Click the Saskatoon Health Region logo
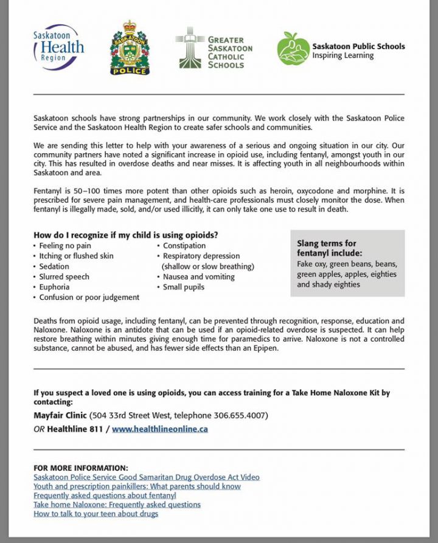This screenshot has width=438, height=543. click(x=58, y=47)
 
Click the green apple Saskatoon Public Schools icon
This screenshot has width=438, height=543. click(x=293, y=49)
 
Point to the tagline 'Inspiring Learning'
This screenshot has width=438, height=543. click(x=343, y=55)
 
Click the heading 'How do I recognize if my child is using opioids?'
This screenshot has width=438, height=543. click(x=125, y=235)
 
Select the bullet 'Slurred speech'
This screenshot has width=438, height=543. click(x=64, y=277)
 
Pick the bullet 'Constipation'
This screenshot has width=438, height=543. click(x=184, y=246)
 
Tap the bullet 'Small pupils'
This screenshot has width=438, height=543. click(x=183, y=287)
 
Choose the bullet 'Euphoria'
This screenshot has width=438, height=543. click(x=54, y=287)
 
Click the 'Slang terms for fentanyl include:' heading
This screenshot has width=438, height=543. click(x=329, y=248)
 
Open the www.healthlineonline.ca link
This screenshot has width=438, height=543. click(x=160, y=429)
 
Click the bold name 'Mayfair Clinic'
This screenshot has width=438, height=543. click(x=60, y=416)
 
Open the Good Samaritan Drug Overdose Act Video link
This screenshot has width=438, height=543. click(x=147, y=477)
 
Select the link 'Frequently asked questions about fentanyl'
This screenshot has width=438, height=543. click(x=105, y=496)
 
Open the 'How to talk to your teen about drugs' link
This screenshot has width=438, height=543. click(x=96, y=514)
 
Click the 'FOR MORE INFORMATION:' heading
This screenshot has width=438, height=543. click(x=81, y=468)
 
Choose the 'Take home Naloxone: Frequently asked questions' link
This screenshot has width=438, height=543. click(x=117, y=505)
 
